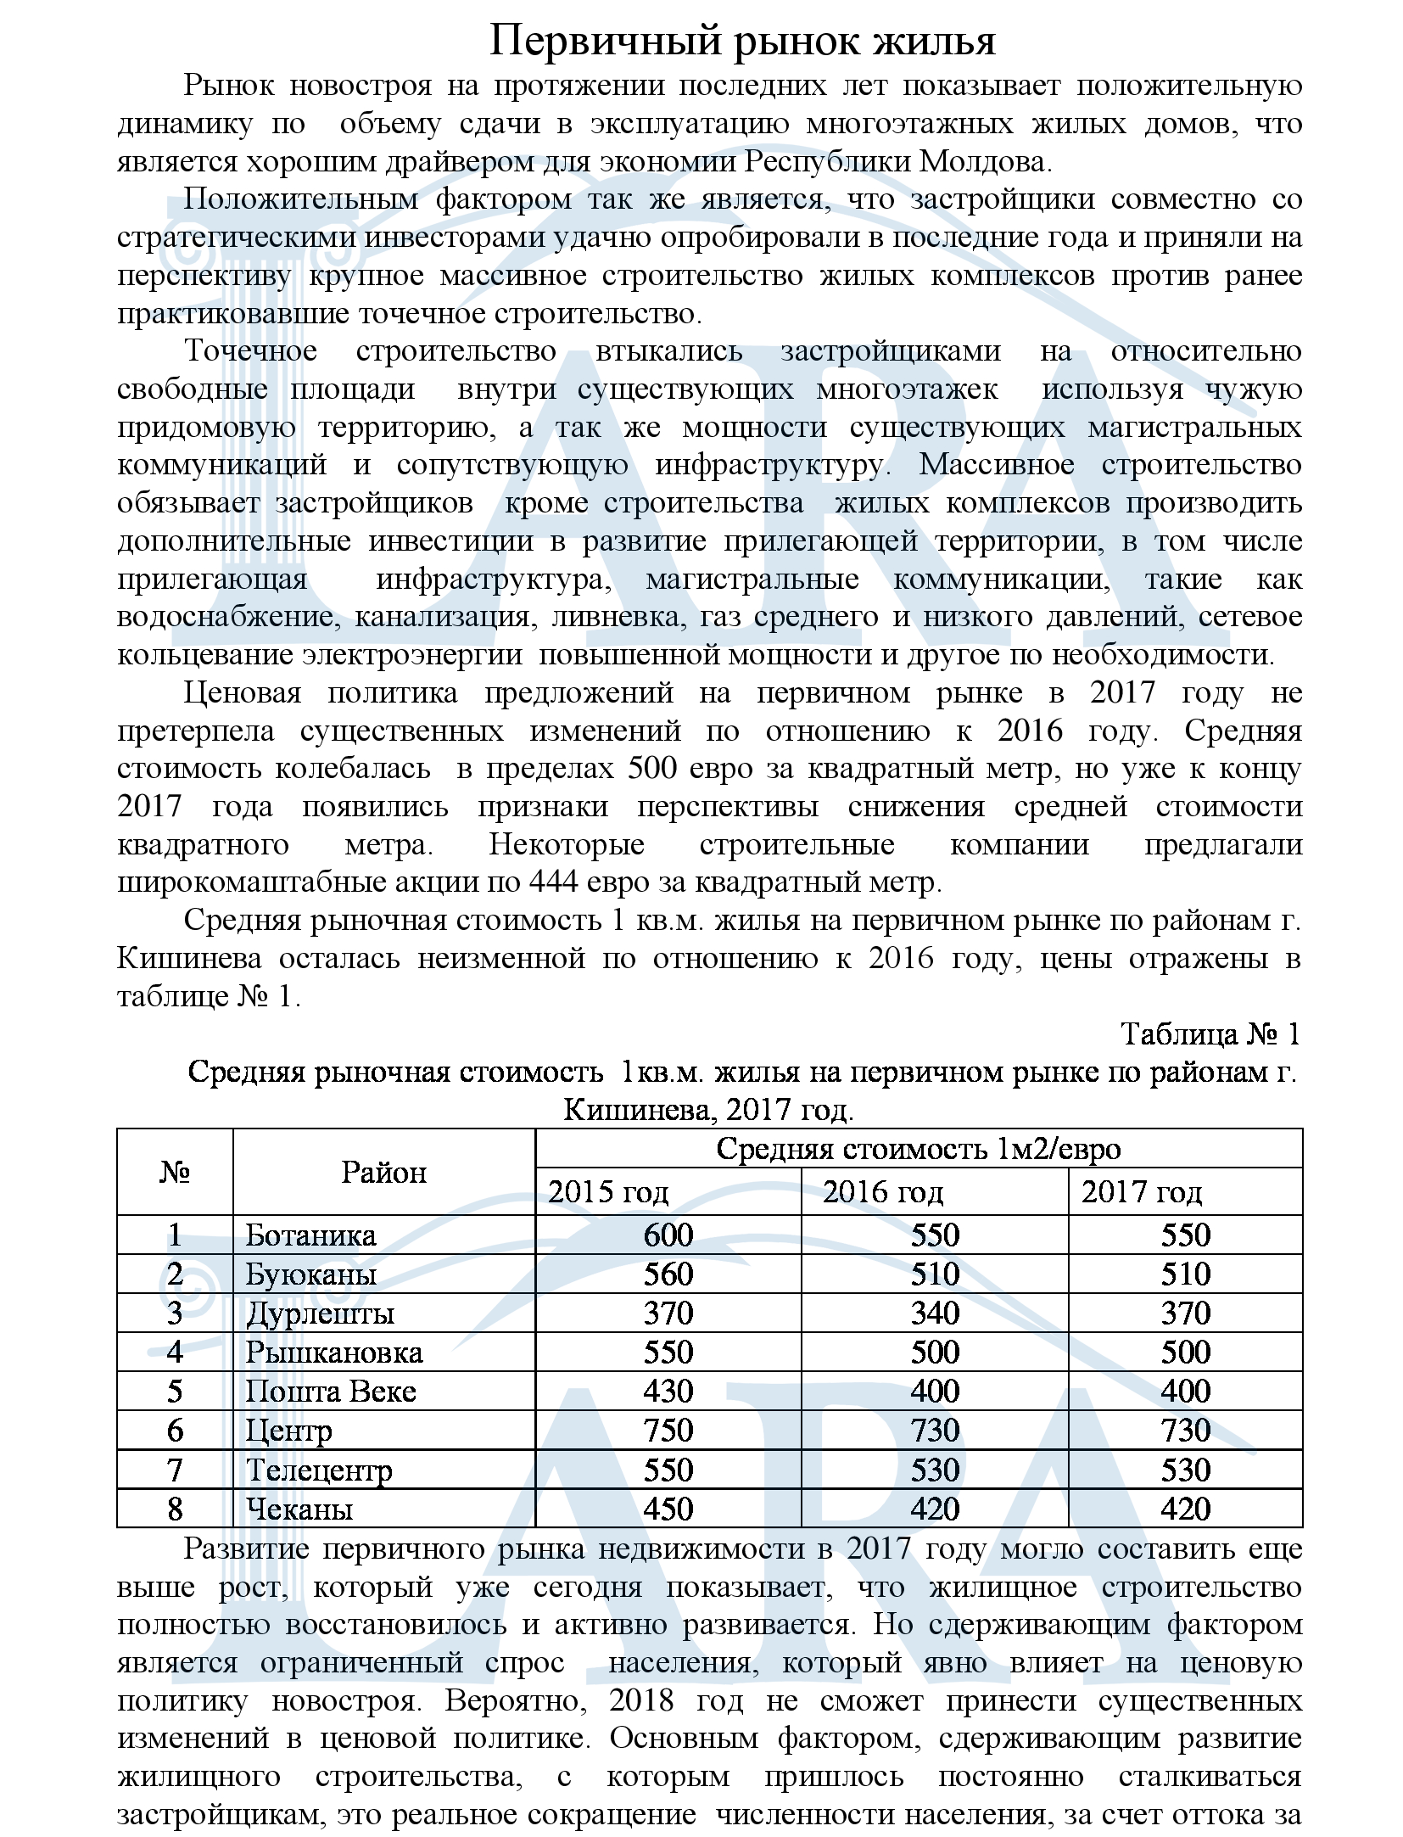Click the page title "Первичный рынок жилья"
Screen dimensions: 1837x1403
coord(742,41)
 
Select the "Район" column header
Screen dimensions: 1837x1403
coord(383,1172)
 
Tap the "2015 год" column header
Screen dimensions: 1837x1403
coord(608,1192)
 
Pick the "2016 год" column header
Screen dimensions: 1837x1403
coord(882,1192)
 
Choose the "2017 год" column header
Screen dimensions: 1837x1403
coord(1141,1192)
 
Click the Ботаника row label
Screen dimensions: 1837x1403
coord(310,1235)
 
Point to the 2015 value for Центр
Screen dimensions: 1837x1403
coord(668,1431)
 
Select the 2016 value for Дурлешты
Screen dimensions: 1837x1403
coord(935,1313)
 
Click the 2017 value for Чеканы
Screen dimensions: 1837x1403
coord(1185,1509)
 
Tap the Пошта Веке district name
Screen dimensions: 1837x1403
coord(331,1392)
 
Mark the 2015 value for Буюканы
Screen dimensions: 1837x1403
coord(668,1274)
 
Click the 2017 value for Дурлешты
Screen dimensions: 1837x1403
coord(1185,1313)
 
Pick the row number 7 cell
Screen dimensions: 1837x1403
coord(175,1470)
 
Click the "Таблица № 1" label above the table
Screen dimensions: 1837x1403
coord(1210,1033)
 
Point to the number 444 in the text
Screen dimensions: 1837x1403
coord(554,882)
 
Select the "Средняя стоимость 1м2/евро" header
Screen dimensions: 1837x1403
coord(919,1149)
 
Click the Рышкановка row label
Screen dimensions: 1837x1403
coord(334,1353)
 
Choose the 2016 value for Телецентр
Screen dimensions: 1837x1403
coord(935,1470)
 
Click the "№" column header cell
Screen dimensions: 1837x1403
coord(175,1172)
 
